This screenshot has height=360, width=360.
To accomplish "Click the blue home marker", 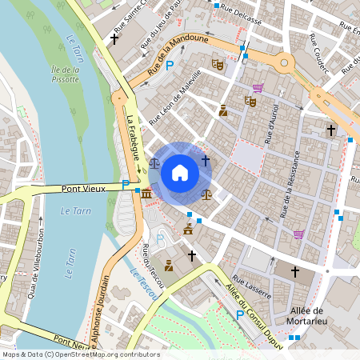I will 180,172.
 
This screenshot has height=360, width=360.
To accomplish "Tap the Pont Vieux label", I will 83,189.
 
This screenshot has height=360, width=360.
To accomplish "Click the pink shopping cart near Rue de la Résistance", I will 298,234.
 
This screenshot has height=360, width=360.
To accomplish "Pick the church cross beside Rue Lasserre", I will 294,272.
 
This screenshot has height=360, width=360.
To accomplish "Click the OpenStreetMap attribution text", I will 81,354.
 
